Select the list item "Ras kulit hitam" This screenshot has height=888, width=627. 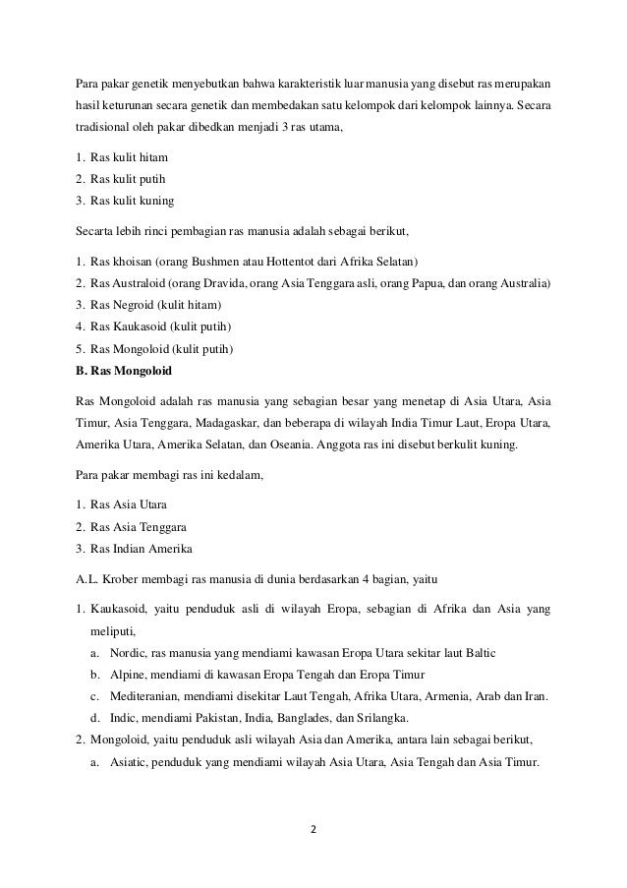click(129, 157)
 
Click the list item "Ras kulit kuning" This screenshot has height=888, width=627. click(132, 201)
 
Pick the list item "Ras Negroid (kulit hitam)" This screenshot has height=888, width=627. click(155, 305)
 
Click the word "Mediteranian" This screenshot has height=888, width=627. click(141, 697)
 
